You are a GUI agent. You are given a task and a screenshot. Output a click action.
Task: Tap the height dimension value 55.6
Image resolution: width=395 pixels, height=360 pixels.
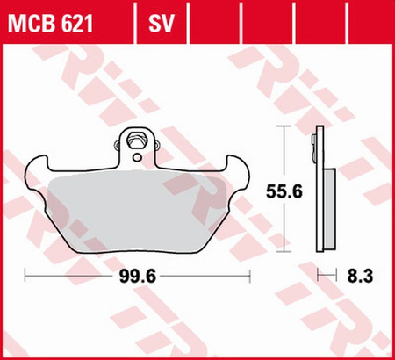(x=281, y=190)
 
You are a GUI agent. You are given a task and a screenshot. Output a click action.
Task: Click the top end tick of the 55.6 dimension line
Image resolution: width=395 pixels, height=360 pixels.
(x=282, y=128)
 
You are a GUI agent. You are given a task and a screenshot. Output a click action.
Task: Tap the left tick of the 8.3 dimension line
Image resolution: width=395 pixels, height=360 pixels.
(x=317, y=276)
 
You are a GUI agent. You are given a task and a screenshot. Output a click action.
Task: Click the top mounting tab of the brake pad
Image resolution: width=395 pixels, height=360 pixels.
(x=136, y=145)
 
